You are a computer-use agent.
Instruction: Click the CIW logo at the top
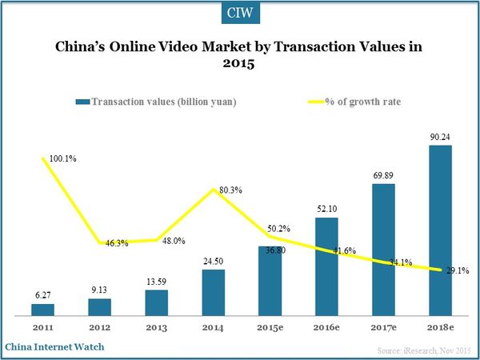click(240, 14)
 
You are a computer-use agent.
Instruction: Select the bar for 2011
click(43, 309)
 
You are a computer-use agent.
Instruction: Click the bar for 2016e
click(327, 265)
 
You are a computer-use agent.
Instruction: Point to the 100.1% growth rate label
click(63, 158)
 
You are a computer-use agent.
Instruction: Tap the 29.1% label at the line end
click(457, 271)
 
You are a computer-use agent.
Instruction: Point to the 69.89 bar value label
click(384, 173)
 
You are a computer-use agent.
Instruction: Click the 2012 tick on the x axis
click(100, 327)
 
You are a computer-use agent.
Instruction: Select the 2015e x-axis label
click(270, 327)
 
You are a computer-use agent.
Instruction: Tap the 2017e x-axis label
click(384, 327)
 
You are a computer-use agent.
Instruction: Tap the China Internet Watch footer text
click(54, 347)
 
